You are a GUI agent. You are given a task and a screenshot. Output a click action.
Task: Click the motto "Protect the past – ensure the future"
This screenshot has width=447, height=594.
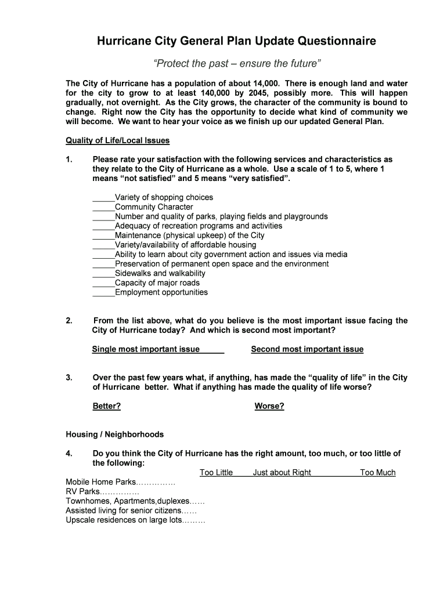coord(236,63)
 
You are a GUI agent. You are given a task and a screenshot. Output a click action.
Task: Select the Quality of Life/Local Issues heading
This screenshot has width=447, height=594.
coord(117,140)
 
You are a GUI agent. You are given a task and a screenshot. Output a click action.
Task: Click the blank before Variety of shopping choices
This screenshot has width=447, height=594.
coord(103,198)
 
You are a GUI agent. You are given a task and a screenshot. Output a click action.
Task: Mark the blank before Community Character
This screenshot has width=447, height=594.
coord(103,207)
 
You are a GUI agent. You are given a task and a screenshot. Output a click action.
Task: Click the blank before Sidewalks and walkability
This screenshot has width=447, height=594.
coord(103,274)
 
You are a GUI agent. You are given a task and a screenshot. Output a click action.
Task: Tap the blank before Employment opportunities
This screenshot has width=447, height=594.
coord(103,293)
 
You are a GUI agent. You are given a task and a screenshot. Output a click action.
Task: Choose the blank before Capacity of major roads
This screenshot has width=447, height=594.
coord(103,283)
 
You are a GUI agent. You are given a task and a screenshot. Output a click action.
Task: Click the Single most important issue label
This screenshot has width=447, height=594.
coord(146,349)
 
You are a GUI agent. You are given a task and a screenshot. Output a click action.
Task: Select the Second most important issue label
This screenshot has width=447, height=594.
coord(307,349)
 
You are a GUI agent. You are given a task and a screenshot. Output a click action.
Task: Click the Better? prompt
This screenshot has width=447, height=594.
coord(107,406)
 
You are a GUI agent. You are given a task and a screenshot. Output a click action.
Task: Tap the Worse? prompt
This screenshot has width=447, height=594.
coord(269,406)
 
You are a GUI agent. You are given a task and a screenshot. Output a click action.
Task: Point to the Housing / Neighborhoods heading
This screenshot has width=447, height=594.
coord(115,434)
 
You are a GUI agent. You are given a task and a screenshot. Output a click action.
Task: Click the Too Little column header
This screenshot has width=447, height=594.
coord(216,473)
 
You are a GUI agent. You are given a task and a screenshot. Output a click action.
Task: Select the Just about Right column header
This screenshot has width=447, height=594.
coord(282,473)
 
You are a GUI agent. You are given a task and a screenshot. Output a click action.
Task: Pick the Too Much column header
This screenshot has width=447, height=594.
coord(377,473)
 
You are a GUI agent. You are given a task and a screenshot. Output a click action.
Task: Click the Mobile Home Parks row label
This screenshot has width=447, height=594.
coord(101,482)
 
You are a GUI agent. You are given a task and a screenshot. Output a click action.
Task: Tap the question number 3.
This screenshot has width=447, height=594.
coord(69,378)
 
